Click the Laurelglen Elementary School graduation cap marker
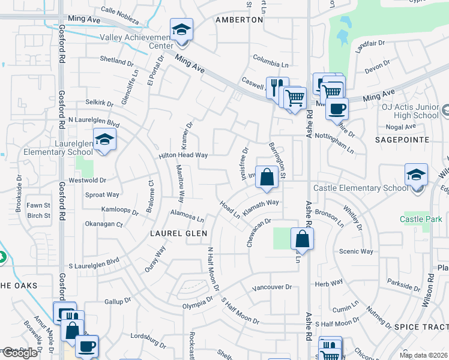(x=105, y=140)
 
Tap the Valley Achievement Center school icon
(x=181, y=29)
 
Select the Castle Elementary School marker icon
(x=416, y=175)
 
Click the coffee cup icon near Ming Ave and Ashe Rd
(x=337, y=109)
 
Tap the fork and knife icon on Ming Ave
(x=277, y=87)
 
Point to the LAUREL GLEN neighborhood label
(x=179, y=233)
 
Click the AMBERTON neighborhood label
(x=239, y=20)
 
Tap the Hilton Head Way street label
(x=183, y=155)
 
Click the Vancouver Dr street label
(x=271, y=287)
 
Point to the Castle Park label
(x=420, y=219)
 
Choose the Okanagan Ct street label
(x=103, y=224)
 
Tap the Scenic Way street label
(x=357, y=251)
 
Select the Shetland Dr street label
(x=116, y=61)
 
